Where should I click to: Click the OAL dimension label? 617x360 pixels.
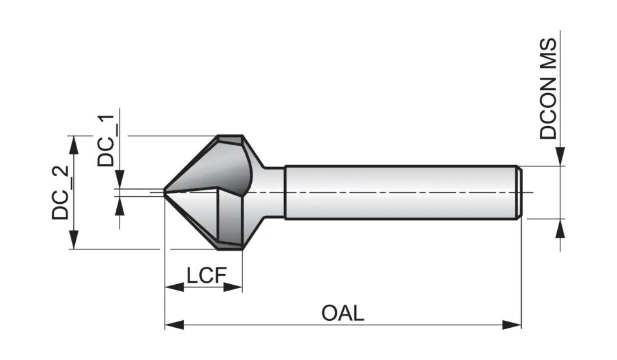(x=343, y=313)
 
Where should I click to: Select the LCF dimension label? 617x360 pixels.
(x=206, y=276)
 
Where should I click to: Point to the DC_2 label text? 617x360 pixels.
(x=61, y=193)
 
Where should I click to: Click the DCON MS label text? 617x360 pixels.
(x=548, y=88)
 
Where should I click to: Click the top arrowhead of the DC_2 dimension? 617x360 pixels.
(x=75, y=144)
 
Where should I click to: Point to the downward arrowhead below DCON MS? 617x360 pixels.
(x=560, y=157)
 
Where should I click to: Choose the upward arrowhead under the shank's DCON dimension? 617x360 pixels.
(x=560, y=228)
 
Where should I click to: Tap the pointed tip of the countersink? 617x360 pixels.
(x=165, y=191)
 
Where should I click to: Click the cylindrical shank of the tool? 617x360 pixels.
(x=398, y=193)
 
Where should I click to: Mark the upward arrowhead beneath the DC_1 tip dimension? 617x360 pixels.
(x=120, y=204)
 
